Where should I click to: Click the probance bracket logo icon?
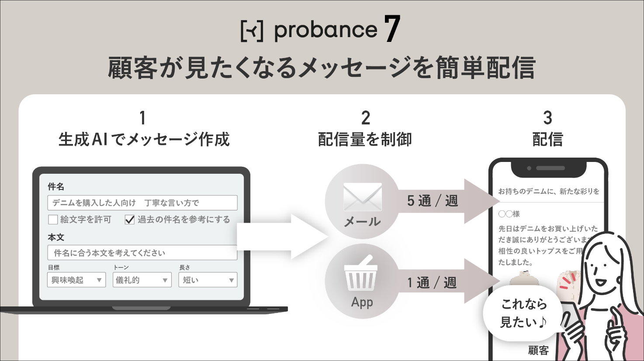click(x=252, y=31)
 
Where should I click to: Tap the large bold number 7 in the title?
click(x=392, y=28)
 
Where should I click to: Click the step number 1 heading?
click(x=142, y=118)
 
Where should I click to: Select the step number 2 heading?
click(x=365, y=118)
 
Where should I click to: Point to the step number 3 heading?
click(x=548, y=118)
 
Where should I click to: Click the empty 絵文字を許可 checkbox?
click(x=53, y=220)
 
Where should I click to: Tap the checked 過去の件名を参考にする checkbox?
click(x=130, y=220)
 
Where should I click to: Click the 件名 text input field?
click(x=142, y=203)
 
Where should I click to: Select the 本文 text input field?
click(x=142, y=253)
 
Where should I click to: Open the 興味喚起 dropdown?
click(x=76, y=280)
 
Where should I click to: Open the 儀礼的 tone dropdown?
click(x=142, y=280)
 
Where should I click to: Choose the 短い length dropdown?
click(x=208, y=280)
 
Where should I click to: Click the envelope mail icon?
click(x=363, y=197)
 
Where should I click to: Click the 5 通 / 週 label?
click(x=433, y=201)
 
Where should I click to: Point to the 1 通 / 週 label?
click(x=432, y=282)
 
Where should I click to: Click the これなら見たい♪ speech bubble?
click(x=523, y=313)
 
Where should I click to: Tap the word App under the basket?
click(x=362, y=303)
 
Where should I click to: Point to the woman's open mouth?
click(x=601, y=282)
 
